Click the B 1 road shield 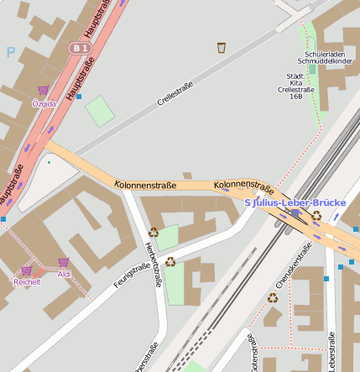[x=80, y=49]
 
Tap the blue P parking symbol [x=11, y=52]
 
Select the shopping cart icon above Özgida [x=43, y=91]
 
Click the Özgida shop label [x=44, y=103]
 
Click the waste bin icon [x=222, y=48]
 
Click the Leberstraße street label [x=332, y=351]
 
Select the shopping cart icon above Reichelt [x=26, y=270]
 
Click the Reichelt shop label [x=27, y=282]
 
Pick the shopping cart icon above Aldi [x=64, y=262]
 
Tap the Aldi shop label [x=65, y=275]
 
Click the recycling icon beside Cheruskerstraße [x=273, y=297]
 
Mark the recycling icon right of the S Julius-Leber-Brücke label [x=316, y=216]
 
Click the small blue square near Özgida [x=79, y=97]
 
